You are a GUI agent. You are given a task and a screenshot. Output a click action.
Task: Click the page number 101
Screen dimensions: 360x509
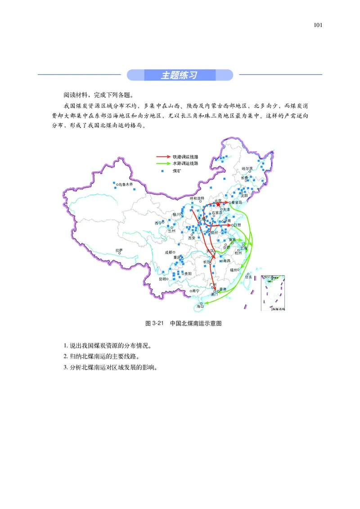point(318,25)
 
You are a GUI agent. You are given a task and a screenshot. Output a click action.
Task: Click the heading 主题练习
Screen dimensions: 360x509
point(180,75)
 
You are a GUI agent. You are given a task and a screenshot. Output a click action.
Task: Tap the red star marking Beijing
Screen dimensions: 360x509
point(218,204)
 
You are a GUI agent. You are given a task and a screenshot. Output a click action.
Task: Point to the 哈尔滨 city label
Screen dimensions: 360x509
point(247,168)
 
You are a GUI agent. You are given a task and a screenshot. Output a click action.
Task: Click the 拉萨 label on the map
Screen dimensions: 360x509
point(119,250)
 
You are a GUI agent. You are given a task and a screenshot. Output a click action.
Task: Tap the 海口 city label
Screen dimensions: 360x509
point(200,306)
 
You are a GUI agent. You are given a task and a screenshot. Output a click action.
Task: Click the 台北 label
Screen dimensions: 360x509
point(248,277)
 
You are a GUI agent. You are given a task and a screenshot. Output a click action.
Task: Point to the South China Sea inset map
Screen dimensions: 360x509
point(273,293)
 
